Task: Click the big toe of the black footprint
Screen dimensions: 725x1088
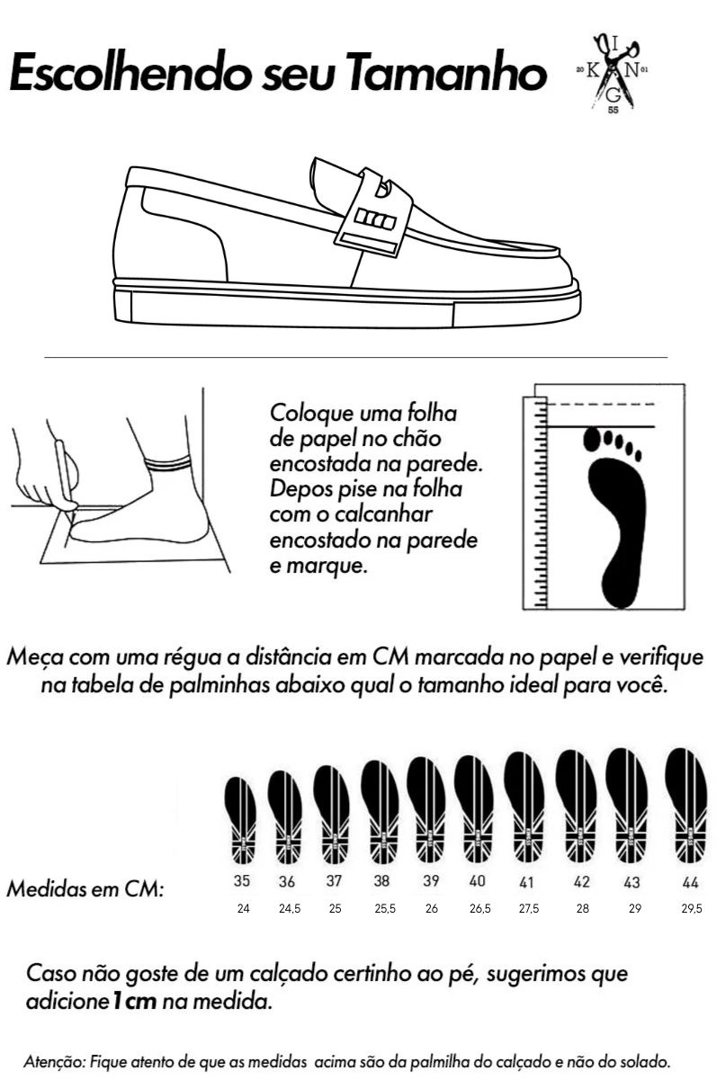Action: click(591, 439)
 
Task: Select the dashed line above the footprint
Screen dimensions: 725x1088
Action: click(601, 404)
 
